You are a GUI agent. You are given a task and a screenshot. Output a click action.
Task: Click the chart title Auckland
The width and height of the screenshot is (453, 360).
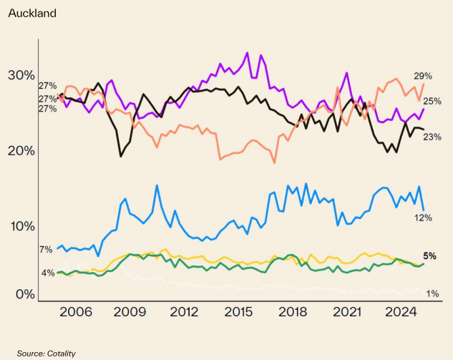pos(31,13)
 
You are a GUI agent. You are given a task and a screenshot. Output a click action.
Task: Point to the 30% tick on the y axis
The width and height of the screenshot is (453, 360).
pos(21,76)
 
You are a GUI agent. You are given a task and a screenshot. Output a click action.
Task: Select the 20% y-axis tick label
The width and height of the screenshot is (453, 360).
pos(21,151)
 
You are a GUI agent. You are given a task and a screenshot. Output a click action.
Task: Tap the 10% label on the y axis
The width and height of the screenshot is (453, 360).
pos(21,226)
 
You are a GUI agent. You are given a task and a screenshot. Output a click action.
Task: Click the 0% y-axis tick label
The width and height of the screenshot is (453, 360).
pos(25,294)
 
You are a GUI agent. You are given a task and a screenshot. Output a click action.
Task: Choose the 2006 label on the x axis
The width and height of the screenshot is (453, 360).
pos(76,313)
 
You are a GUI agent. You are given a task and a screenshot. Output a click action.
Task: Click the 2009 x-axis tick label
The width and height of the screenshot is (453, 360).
pos(130,313)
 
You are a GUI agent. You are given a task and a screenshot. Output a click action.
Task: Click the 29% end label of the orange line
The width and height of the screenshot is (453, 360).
pos(422,76)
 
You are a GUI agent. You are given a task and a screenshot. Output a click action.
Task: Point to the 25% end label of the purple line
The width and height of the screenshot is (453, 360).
pos(432,102)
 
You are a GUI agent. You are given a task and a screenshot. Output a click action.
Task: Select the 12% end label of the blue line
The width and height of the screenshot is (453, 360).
pos(424,217)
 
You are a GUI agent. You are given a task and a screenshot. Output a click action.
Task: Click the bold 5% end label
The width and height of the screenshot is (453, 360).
pos(430,256)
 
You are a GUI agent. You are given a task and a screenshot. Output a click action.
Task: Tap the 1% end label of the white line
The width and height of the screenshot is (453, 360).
pos(433,293)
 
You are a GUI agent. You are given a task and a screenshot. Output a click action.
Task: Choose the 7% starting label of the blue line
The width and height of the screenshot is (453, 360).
pos(46,250)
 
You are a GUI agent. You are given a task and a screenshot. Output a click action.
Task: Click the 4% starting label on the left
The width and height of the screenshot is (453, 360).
pos(47,273)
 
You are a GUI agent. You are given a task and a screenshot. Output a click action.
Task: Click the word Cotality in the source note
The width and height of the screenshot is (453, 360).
pos(61,354)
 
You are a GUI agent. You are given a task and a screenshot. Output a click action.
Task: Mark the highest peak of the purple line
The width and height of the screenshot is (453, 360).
pos(248,52)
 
